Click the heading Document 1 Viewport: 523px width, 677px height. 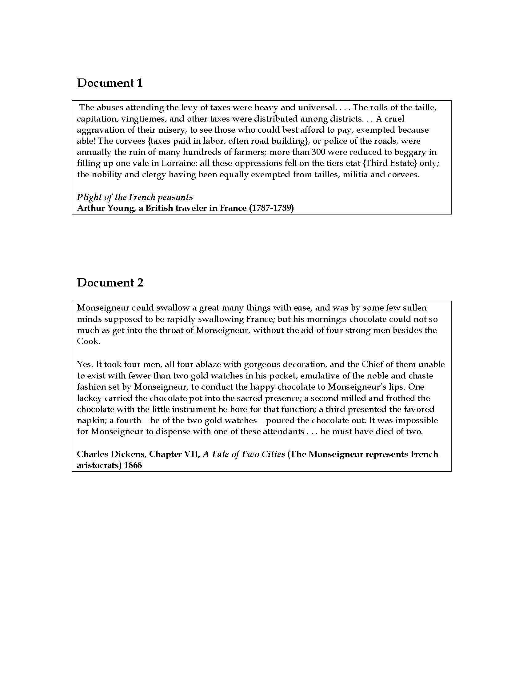point(110,83)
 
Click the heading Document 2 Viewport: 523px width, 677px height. point(110,283)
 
